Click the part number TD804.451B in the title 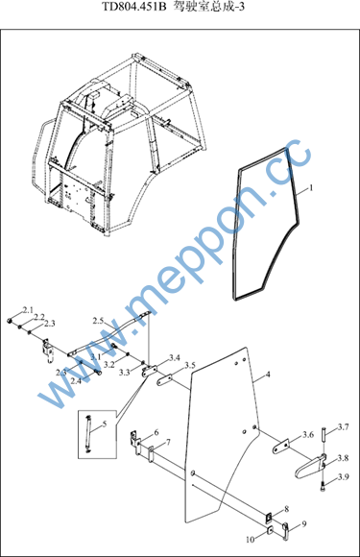[x=134, y=7]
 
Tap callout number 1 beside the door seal [x=311, y=187]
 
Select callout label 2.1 [x=28, y=310]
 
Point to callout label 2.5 [x=98, y=321]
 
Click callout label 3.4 [x=175, y=357]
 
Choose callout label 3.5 [x=190, y=366]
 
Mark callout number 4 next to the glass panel [x=268, y=375]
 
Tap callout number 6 [x=156, y=432]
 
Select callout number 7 [x=168, y=443]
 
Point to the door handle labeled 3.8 [x=311, y=467]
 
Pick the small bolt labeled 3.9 [x=324, y=486]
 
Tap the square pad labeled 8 [x=270, y=518]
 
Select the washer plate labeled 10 [x=270, y=531]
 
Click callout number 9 [x=303, y=523]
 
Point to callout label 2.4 [x=76, y=381]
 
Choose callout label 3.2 [x=109, y=365]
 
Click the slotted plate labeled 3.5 [x=165, y=379]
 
